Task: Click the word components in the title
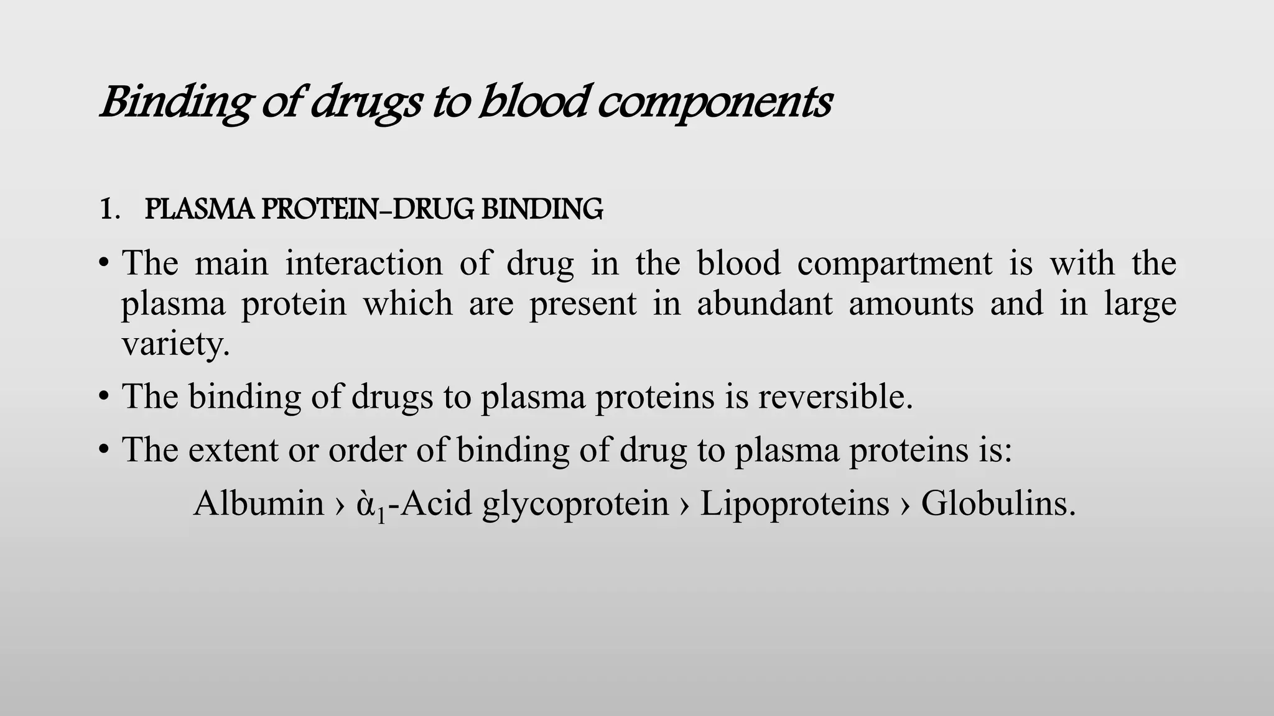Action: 714,103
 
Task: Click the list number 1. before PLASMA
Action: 109,210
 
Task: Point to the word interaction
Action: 364,263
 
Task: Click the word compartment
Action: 895,263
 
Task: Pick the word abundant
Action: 765,304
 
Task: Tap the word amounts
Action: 911,304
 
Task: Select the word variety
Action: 175,344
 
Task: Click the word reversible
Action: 835,396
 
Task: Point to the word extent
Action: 233,449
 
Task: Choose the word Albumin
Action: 258,503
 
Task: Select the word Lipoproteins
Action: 794,503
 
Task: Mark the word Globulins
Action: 997,503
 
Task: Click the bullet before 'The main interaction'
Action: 104,264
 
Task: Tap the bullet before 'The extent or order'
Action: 104,450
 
